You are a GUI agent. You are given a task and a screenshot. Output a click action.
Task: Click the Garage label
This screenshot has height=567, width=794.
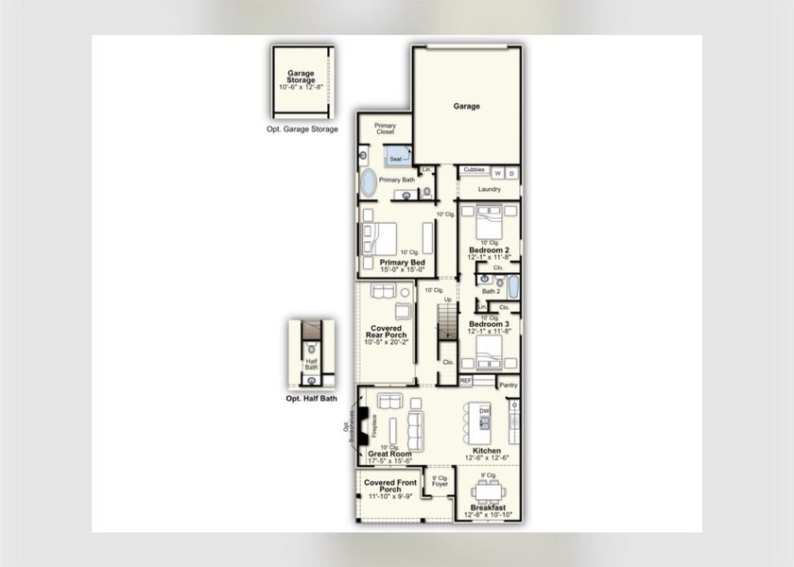tap(466, 107)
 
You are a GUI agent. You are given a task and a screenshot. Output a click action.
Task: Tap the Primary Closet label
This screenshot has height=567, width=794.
tap(385, 129)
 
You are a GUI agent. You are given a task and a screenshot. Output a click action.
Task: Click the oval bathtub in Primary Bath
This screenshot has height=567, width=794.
tap(367, 182)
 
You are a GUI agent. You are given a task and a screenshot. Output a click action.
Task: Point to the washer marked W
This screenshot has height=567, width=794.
tap(497, 172)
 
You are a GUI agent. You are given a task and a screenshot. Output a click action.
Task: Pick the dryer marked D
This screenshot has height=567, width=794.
tap(511, 172)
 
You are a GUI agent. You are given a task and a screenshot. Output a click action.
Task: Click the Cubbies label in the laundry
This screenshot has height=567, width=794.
tap(475, 170)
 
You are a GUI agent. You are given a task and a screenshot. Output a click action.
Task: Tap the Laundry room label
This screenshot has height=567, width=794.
tap(489, 189)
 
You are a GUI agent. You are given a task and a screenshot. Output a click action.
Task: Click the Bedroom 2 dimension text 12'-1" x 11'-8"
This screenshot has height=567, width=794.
tap(489, 257)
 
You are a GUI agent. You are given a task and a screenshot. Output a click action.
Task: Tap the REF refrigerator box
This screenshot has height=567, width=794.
tap(466, 380)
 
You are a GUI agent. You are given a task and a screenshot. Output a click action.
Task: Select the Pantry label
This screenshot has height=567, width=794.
tap(508, 385)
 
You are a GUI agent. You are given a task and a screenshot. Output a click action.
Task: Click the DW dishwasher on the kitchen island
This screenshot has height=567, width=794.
tap(484, 412)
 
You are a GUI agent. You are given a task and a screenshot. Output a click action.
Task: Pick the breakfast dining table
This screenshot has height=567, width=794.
tap(488, 491)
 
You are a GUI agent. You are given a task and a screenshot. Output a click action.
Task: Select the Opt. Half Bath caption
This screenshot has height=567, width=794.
tap(311, 399)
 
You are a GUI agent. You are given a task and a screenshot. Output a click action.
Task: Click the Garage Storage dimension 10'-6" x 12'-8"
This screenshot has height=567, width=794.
tap(302, 87)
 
